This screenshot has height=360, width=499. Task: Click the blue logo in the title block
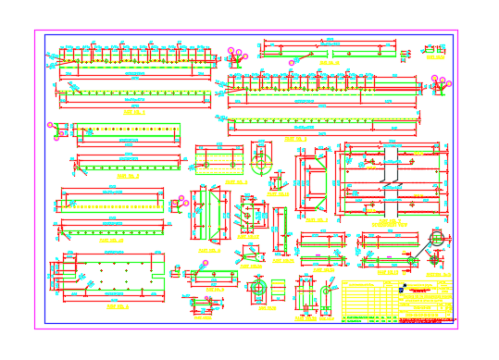403,288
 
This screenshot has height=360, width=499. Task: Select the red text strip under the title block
398,319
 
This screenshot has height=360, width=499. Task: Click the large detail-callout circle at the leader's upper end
436,238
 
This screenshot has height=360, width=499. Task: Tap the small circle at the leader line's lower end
411,261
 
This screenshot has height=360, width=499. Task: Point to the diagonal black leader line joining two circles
423,250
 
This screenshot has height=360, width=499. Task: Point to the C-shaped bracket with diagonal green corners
311,184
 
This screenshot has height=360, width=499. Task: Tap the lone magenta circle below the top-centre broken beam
292,63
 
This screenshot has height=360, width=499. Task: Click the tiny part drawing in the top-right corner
432,49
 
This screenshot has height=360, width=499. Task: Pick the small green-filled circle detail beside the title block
410,261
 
